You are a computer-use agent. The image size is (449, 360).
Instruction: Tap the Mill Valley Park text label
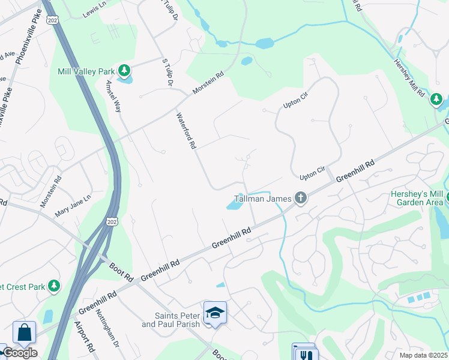click(x=86, y=71)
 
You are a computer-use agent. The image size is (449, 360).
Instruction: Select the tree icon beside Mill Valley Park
click(x=124, y=71)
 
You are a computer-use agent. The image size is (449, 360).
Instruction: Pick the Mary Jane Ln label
click(x=73, y=205)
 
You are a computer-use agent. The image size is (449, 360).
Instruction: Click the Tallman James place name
click(x=262, y=198)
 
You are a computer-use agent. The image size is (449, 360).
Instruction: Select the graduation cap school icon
click(x=215, y=313)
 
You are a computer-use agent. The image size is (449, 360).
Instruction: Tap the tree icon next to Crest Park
click(x=55, y=286)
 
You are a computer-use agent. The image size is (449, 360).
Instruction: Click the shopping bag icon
click(x=24, y=332)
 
